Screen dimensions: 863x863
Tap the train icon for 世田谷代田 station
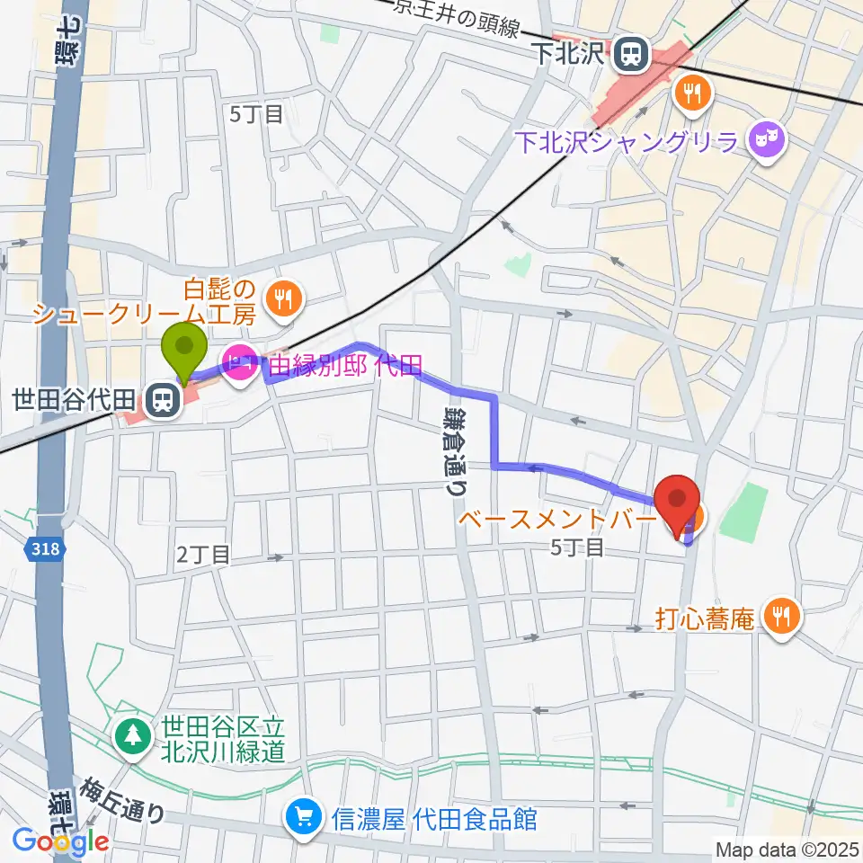click(162, 398)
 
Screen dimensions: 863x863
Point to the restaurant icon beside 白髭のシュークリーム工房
click(285, 300)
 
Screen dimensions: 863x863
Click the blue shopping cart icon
click(300, 818)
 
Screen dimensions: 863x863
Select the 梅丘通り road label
click(126, 800)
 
